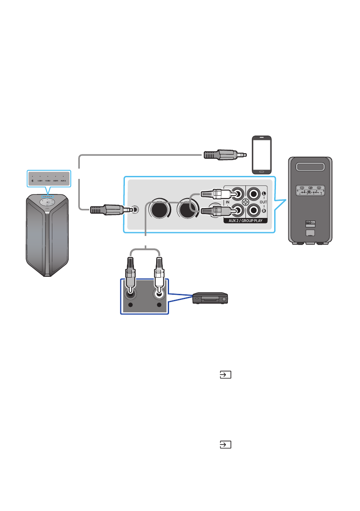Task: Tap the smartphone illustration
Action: pyautogui.click(x=261, y=155)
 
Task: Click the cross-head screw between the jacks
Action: pyautogui.click(x=245, y=202)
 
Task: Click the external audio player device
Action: pyautogui.click(x=210, y=298)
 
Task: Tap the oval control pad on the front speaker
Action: pyautogui.click(x=48, y=201)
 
